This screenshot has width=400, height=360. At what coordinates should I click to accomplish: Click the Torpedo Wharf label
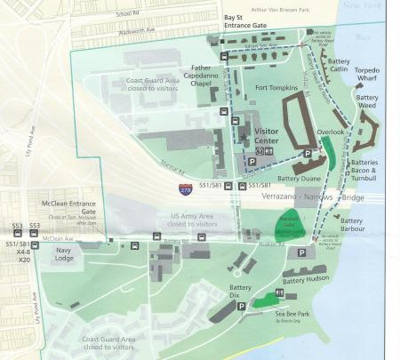[x=366, y=74]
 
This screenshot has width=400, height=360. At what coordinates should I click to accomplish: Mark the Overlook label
[x=330, y=132]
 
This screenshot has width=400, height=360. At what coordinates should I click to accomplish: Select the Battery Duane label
[x=297, y=177]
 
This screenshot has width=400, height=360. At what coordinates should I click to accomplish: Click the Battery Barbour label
[x=352, y=225]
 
